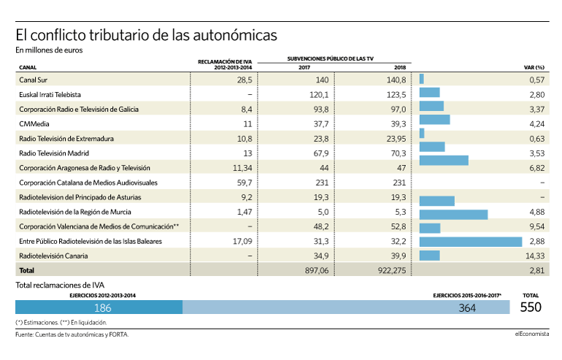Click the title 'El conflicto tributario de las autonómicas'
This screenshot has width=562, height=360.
point(146,35)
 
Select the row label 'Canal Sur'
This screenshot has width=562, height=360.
point(33,80)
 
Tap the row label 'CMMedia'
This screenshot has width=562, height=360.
point(34,124)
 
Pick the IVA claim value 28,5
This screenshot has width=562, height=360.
point(245,80)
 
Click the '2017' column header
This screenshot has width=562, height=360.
point(304,67)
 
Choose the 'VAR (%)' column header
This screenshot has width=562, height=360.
point(534,67)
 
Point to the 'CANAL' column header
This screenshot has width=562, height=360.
point(28,67)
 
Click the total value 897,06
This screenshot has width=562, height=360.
point(317,271)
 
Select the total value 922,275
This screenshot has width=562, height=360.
point(392,271)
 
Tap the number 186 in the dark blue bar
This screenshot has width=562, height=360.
point(103,307)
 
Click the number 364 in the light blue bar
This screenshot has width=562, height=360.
point(467,307)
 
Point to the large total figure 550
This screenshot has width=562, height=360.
point(531,307)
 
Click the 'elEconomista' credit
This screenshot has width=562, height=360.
point(532,334)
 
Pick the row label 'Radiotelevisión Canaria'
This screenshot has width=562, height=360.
point(53,256)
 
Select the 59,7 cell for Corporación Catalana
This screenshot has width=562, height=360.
point(245,183)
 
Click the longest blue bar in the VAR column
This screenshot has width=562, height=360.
point(471,242)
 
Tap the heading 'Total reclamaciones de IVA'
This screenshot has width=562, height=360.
point(60,286)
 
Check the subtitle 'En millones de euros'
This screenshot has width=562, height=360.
point(49,50)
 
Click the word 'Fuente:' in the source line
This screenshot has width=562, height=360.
point(24,334)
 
